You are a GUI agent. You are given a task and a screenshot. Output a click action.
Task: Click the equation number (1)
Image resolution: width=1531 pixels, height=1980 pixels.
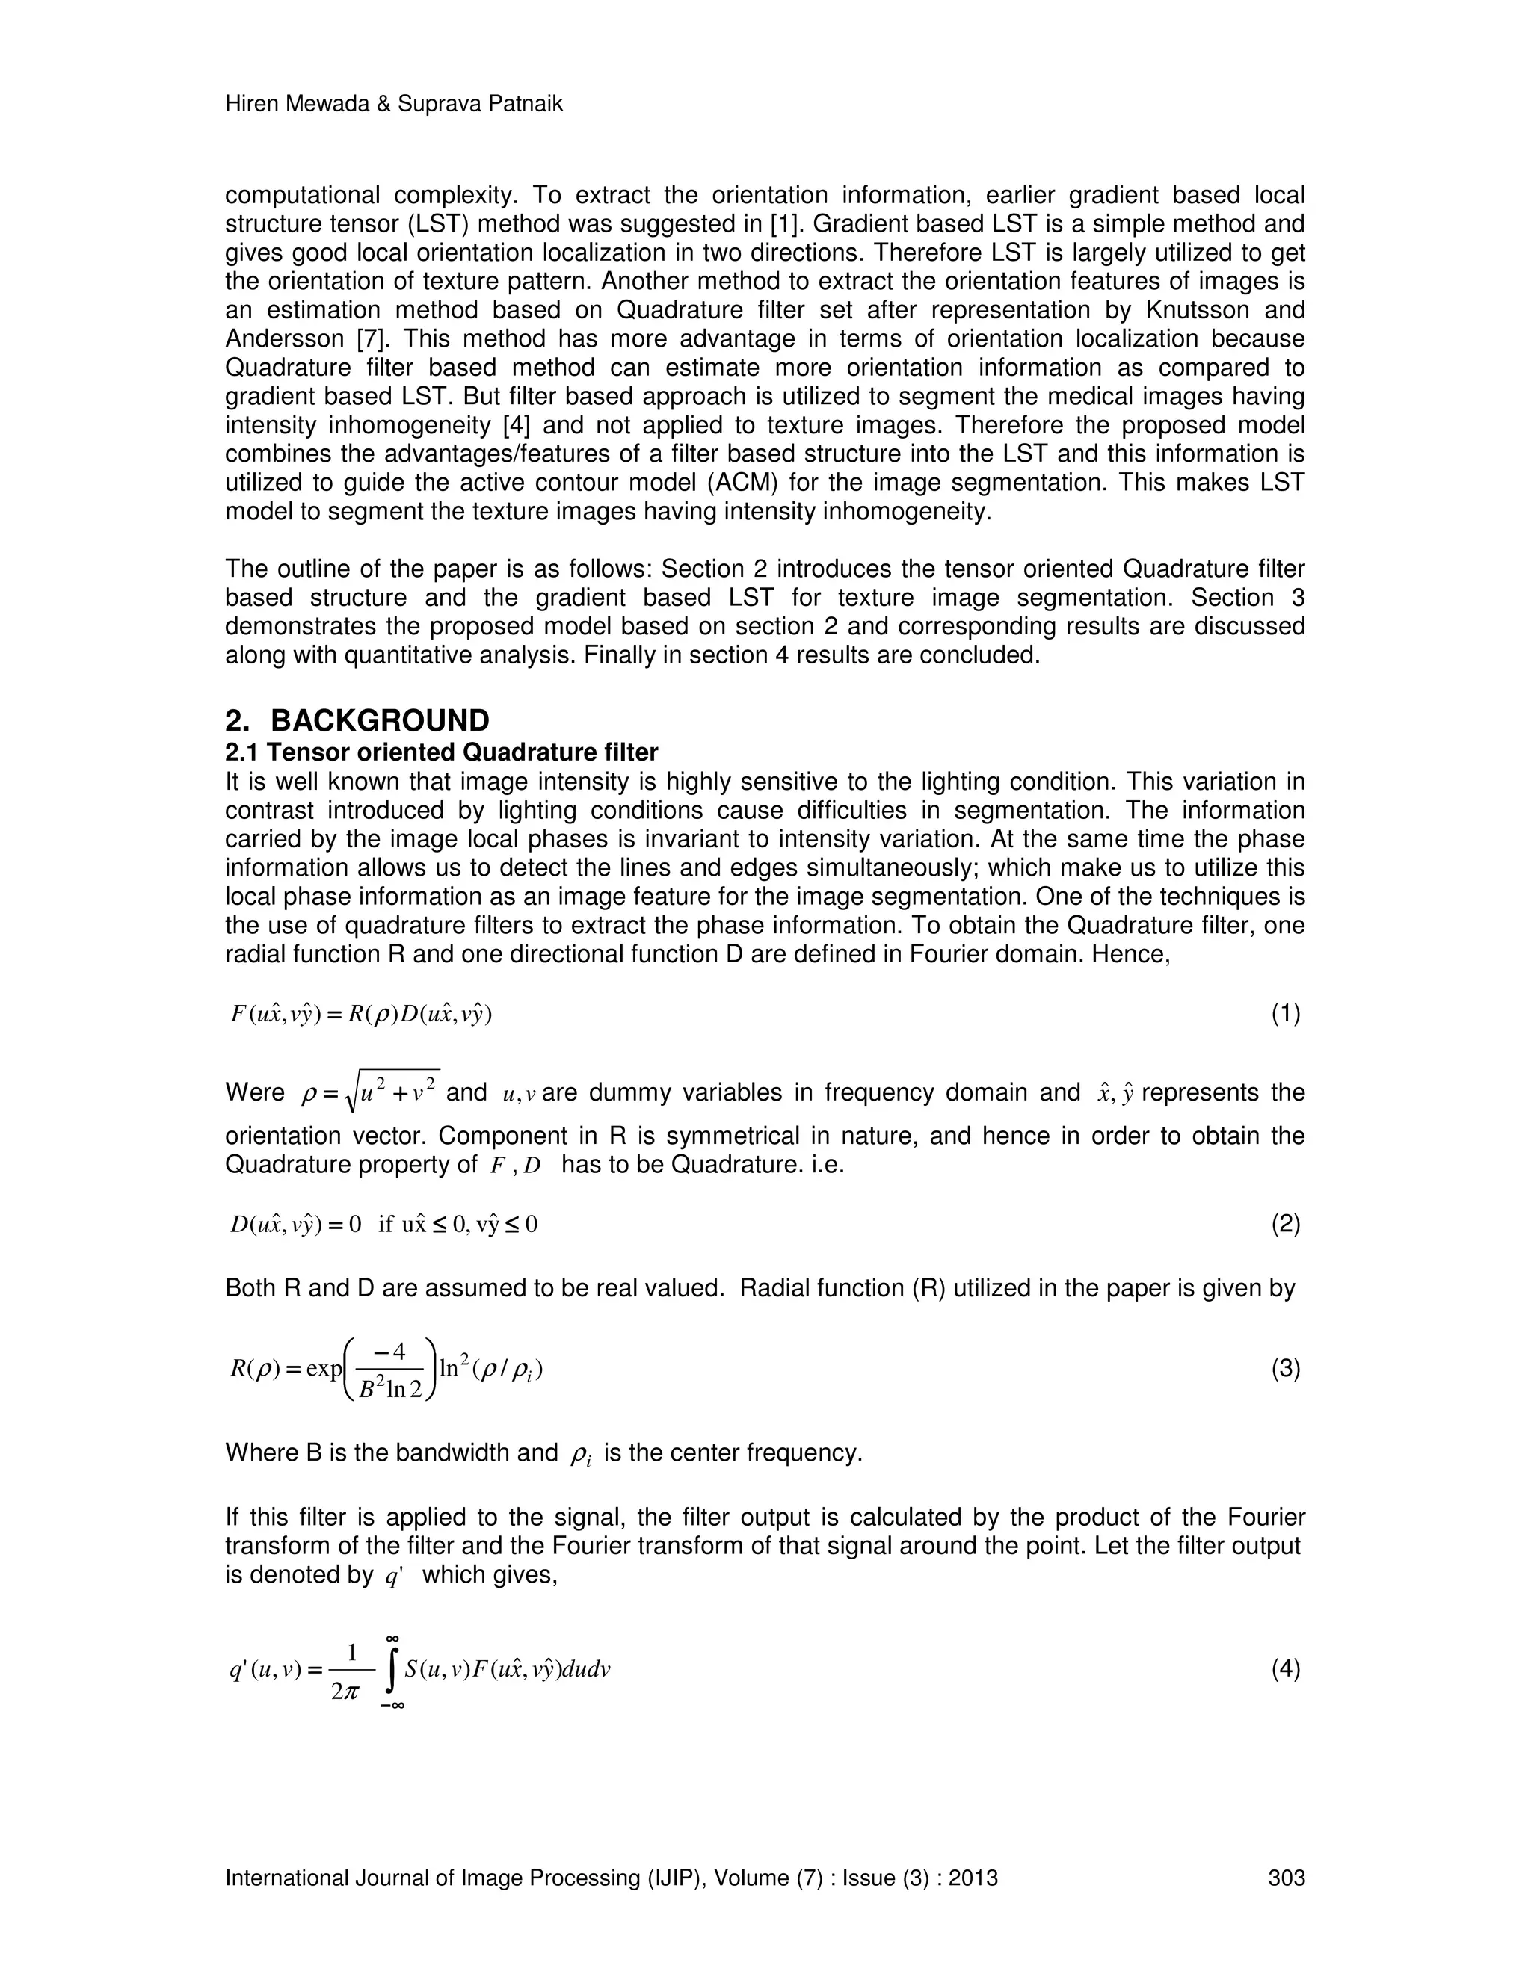pyautogui.click(x=1285, y=1014)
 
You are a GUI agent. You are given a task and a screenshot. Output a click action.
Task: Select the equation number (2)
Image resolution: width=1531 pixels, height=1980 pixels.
pyautogui.click(x=1285, y=1225)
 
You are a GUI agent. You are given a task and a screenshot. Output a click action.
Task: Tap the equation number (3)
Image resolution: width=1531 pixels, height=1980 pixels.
pyautogui.click(x=1285, y=1368)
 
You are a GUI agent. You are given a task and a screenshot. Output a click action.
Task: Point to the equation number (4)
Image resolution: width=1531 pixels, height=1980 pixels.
pyautogui.click(x=1285, y=1669)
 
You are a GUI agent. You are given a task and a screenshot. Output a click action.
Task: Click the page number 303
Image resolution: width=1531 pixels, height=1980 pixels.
pyautogui.click(x=1286, y=1878)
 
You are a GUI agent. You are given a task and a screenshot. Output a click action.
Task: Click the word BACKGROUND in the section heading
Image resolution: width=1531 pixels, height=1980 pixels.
pyautogui.click(x=380, y=721)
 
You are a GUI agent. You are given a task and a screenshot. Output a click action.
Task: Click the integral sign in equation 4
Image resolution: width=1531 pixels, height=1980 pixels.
pyautogui.click(x=392, y=1670)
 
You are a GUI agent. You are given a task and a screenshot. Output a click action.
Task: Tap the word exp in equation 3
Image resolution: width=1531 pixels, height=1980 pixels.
pyautogui.click(x=324, y=1368)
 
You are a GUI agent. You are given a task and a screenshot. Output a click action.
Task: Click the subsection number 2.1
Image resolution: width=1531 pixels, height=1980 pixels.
pyautogui.click(x=242, y=752)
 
